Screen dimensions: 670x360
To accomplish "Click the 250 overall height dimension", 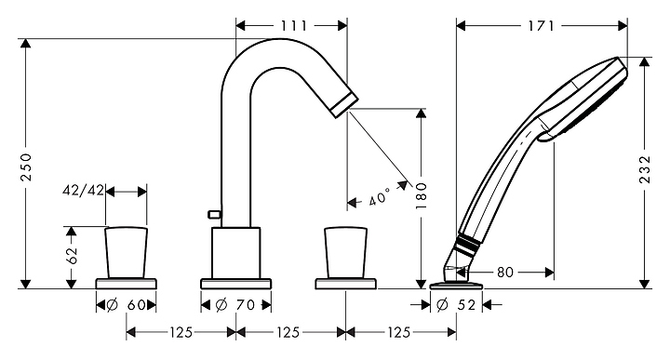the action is tap(26, 167).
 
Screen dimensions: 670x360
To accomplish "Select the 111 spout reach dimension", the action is tap(293, 26).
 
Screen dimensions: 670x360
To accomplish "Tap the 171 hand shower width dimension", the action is tap(542, 26).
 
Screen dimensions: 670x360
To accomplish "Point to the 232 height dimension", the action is tap(644, 169).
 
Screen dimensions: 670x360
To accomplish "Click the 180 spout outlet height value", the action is tap(422, 195).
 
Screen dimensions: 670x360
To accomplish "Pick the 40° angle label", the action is tap(380, 197).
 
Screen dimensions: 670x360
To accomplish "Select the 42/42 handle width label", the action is tap(84, 191).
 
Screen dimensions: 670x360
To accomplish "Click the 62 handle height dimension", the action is tap(72, 256).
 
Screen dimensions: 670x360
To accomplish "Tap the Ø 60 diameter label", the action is tap(126, 305).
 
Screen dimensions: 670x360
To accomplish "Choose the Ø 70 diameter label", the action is tap(235, 305).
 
